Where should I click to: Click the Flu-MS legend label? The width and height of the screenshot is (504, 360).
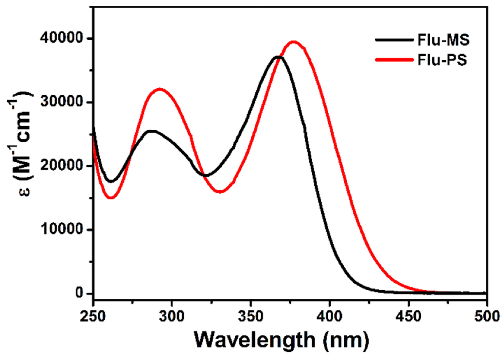click(443, 40)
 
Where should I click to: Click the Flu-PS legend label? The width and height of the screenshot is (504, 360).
click(442, 59)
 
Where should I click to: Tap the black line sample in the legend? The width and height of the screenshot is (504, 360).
click(395, 39)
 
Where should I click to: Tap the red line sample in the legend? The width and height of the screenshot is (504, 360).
click(395, 59)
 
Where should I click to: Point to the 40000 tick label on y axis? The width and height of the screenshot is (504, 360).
click(62, 38)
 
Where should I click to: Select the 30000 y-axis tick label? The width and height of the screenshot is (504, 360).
click(62, 102)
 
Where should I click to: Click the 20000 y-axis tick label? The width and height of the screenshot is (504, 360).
click(62, 166)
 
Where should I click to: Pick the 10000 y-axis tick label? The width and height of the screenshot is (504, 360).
click(62, 229)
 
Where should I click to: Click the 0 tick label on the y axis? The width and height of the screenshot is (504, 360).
click(79, 293)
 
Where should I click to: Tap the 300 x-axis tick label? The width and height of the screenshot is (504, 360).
click(172, 316)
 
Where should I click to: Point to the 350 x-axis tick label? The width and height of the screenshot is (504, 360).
click(251, 316)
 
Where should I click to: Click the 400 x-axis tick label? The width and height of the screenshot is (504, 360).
click(330, 316)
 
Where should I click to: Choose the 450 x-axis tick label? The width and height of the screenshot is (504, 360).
click(408, 316)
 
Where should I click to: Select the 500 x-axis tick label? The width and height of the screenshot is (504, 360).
click(487, 316)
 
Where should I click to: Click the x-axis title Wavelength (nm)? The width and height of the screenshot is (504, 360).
click(281, 340)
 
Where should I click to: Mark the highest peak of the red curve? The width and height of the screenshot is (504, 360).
click(294, 42)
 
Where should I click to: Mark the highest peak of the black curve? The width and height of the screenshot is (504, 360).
click(278, 57)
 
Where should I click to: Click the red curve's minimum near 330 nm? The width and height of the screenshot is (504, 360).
click(220, 191)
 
